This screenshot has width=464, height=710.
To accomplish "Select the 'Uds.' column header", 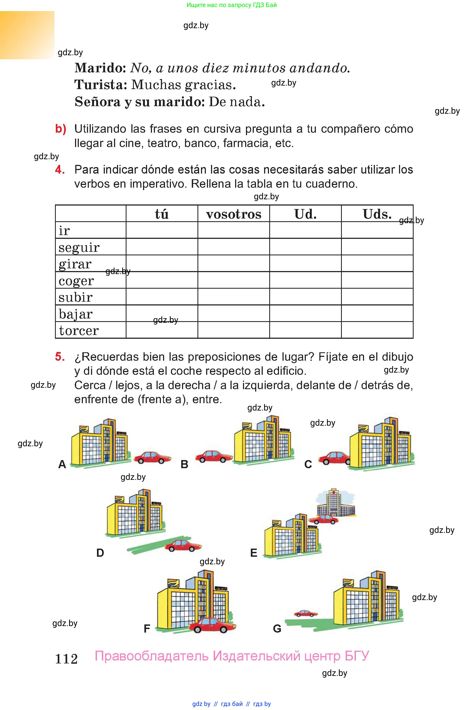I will (x=377, y=214).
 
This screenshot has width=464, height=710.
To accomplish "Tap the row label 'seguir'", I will (x=79, y=247).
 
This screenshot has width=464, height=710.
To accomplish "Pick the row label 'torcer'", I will (x=79, y=331).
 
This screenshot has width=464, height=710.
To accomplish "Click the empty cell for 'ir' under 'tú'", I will (x=162, y=230).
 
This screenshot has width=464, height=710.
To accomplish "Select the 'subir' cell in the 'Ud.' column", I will (x=305, y=297).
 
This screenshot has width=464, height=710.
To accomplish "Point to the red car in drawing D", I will (x=183, y=545).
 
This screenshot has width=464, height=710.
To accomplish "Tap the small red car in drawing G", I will (x=306, y=613).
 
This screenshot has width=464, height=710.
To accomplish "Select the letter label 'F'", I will (x=147, y=628).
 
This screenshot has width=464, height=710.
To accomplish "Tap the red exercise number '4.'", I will (x=60, y=170).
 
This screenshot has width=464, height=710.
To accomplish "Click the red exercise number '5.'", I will (x=60, y=357).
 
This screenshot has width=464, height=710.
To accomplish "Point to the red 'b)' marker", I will (x=61, y=129).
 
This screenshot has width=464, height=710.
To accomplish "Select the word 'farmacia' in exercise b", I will (x=247, y=143).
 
